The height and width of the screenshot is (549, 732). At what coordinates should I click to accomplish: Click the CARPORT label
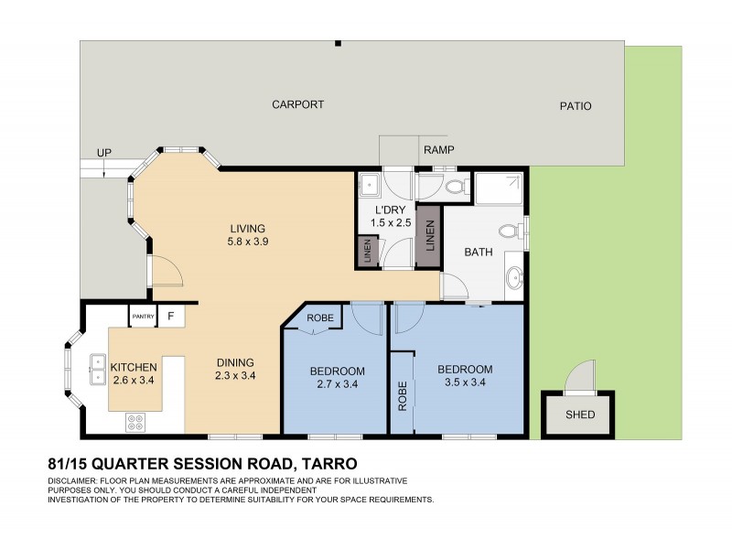click(x=297, y=105)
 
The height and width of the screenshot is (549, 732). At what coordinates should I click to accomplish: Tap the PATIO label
click(x=576, y=106)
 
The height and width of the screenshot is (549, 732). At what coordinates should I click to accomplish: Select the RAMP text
click(x=438, y=149)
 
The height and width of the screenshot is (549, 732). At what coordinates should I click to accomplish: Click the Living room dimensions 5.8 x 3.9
click(x=247, y=242)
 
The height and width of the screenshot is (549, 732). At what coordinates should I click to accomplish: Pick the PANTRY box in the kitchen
click(x=143, y=317)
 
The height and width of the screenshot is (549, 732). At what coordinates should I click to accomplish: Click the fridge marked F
click(x=170, y=317)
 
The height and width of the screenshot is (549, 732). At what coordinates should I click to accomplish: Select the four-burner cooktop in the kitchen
click(x=135, y=422)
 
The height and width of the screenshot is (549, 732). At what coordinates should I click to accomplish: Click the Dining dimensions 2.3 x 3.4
click(x=234, y=375)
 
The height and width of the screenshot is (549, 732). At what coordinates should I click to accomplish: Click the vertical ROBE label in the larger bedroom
click(x=403, y=393)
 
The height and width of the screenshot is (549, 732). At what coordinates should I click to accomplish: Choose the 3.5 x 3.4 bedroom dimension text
click(x=464, y=383)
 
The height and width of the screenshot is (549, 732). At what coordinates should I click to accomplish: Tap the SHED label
click(x=579, y=414)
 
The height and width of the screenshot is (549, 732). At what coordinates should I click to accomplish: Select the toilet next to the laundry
click(x=455, y=187)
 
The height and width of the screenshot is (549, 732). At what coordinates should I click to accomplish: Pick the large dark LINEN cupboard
click(x=428, y=238)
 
